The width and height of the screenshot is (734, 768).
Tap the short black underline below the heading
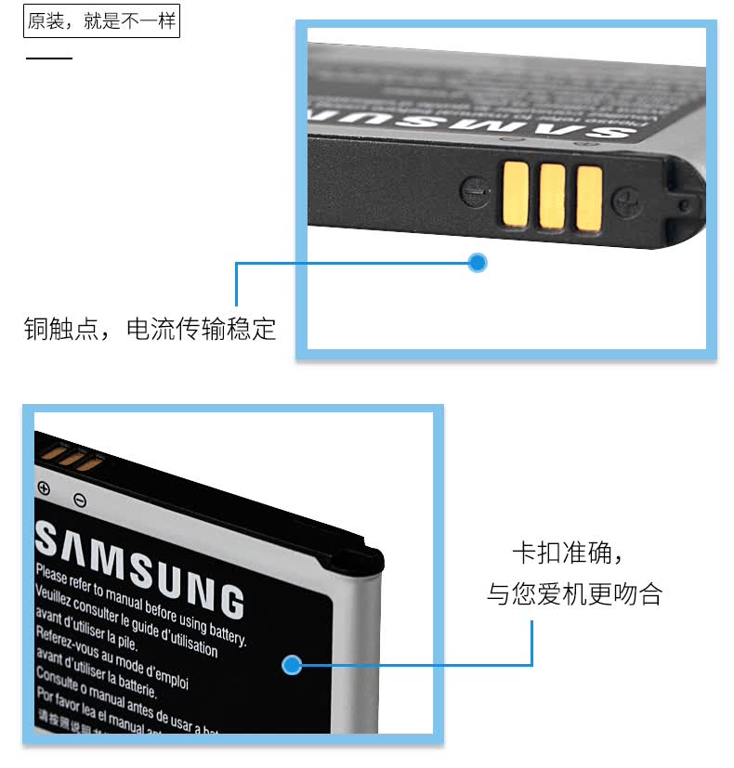pyautogui.click(x=48, y=58)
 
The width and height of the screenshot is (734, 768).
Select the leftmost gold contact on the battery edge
pyautogui.click(x=516, y=194)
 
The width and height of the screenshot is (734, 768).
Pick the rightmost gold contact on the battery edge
pyautogui.click(x=588, y=197)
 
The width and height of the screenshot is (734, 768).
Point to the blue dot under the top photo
pyautogui.click(x=478, y=263)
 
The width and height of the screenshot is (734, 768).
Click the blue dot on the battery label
pyautogui.click(x=292, y=665)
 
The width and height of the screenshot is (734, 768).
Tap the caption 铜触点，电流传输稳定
pyautogui.click(x=150, y=329)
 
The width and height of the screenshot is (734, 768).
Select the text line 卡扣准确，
pyautogui.click(x=567, y=554)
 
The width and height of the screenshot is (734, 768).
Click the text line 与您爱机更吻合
pyautogui.click(x=574, y=594)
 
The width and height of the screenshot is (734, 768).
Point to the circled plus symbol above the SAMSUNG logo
pyautogui.click(x=43, y=488)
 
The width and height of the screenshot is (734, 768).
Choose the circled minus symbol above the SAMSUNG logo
pyautogui.click(x=80, y=501)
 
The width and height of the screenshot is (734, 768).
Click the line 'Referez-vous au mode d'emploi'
pyautogui.click(x=111, y=658)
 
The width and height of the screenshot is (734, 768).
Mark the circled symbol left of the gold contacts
pyautogui.click(x=473, y=192)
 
